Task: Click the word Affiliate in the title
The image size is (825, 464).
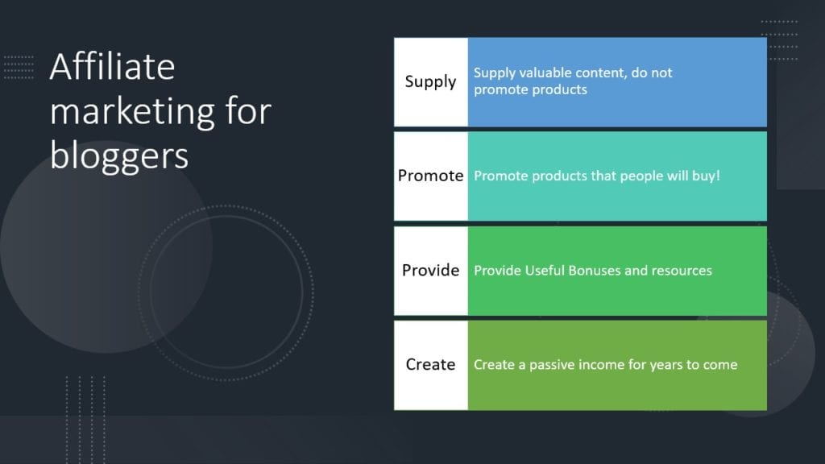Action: pyautogui.click(x=112, y=67)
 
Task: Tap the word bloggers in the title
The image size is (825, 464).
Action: pyautogui.click(x=119, y=157)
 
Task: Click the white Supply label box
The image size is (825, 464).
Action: pyautogui.click(x=430, y=82)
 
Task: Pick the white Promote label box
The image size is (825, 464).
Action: pyautogui.click(x=430, y=176)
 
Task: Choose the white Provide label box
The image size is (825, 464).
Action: pyautogui.click(x=430, y=271)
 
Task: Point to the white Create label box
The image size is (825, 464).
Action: pyautogui.click(x=430, y=365)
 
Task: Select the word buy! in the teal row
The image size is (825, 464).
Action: pyautogui.click(x=706, y=176)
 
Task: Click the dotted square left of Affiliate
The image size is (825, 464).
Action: pyautogui.click(x=19, y=68)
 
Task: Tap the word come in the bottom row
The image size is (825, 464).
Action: pyautogui.click(x=720, y=366)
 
